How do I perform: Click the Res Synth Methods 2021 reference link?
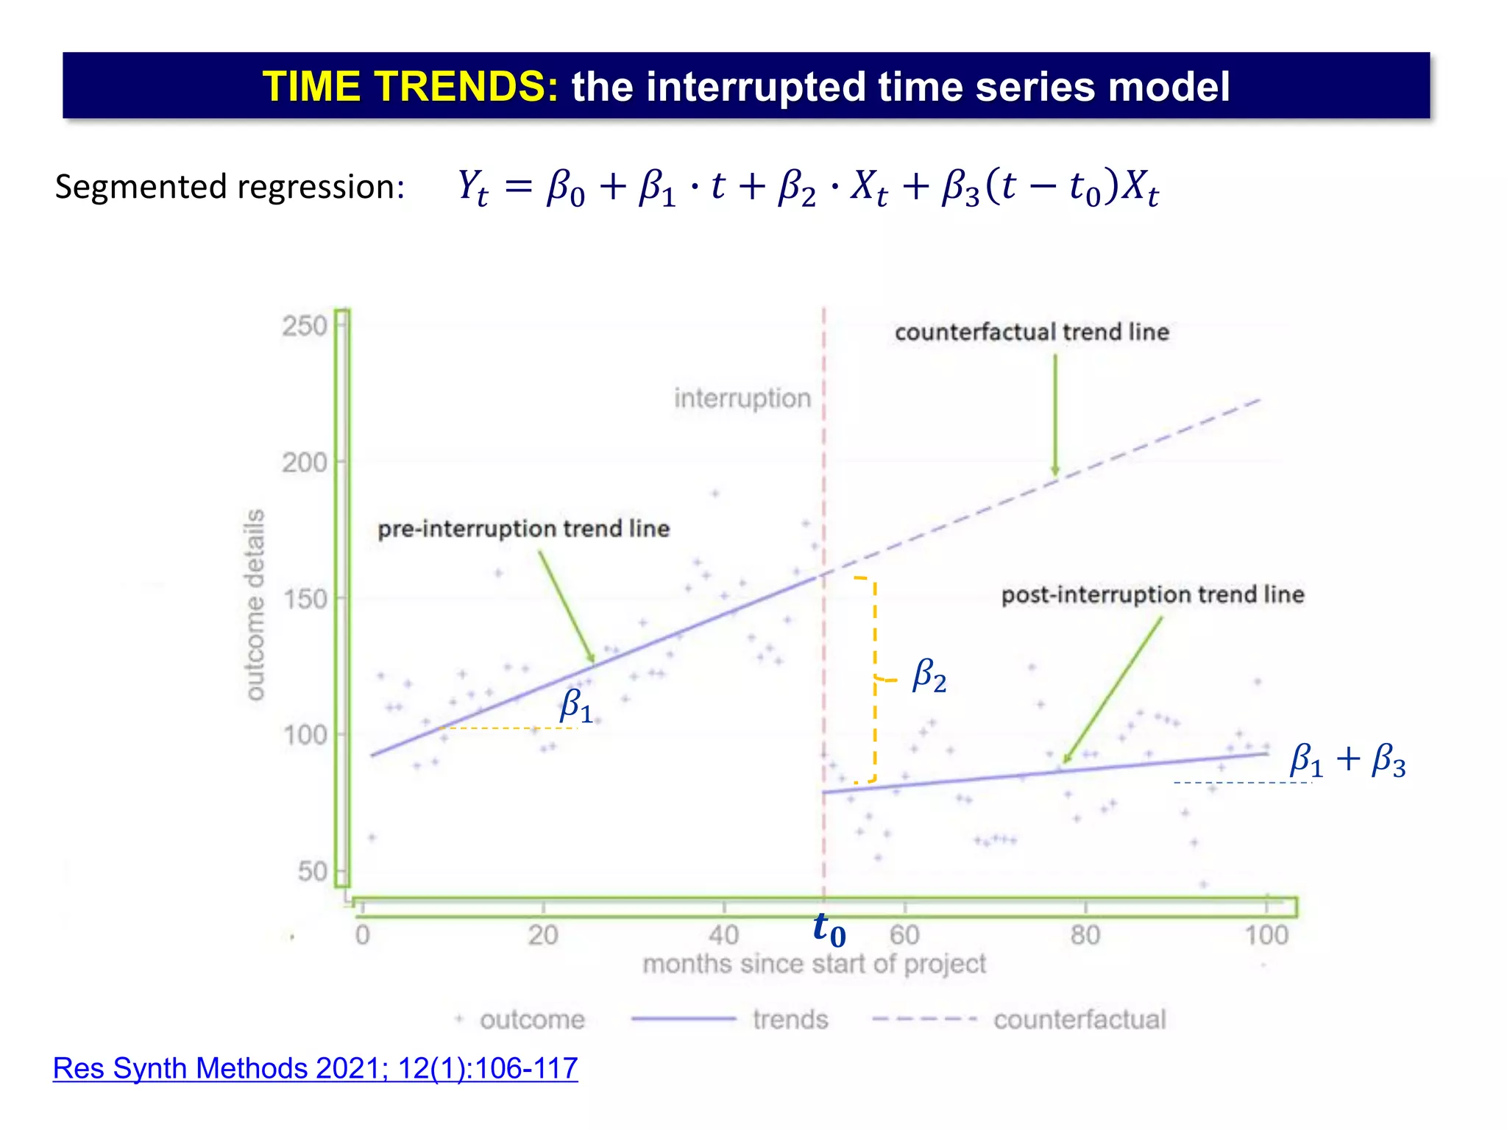[315, 1068]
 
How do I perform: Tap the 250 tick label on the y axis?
[304, 326]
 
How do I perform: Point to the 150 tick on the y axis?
[304, 599]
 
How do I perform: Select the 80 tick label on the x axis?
[1085, 935]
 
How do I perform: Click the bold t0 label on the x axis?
[829, 930]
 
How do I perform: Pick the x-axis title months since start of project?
[814, 964]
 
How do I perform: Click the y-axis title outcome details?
[255, 605]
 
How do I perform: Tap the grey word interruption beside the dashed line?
[742, 398]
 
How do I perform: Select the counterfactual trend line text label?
[1032, 332]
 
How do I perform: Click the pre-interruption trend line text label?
[523, 528]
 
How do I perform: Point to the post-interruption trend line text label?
[1152, 594]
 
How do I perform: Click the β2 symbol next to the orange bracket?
[929, 675]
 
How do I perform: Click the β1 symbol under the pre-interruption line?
[575, 706]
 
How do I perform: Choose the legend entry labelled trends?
[790, 1020]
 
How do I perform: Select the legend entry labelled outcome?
[531, 1020]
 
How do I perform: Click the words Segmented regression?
[230, 187]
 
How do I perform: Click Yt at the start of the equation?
[472, 187]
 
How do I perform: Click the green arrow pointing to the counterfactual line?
[1054, 416]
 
